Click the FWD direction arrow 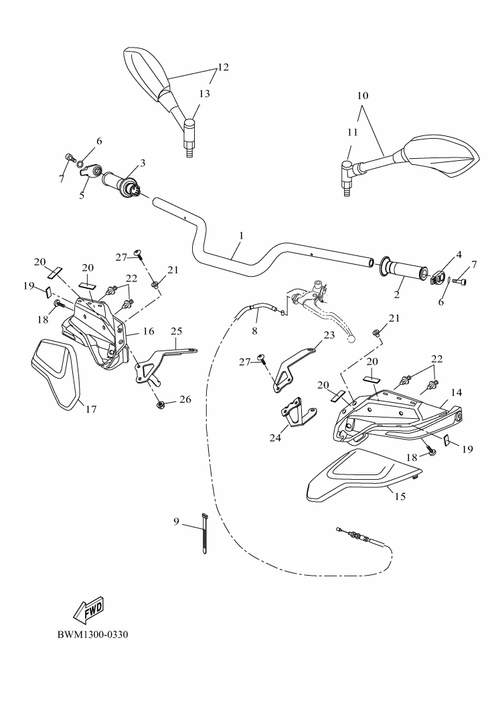[88, 609]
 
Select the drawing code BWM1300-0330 [92, 634]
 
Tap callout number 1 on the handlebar [240, 236]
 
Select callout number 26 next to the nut [185, 400]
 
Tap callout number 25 [177, 330]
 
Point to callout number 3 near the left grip [143, 163]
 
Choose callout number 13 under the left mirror [204, 94]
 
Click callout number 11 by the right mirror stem [353, 133]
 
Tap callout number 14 [456, 392]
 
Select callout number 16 [149, 331]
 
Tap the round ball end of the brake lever [352, 338]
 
